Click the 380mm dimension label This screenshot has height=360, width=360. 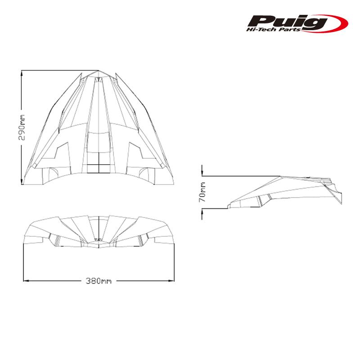[99, 281]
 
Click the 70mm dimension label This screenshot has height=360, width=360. [203, 192]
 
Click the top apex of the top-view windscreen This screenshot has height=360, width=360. [99, 71]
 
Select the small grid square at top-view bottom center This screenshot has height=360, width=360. [99, 168]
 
